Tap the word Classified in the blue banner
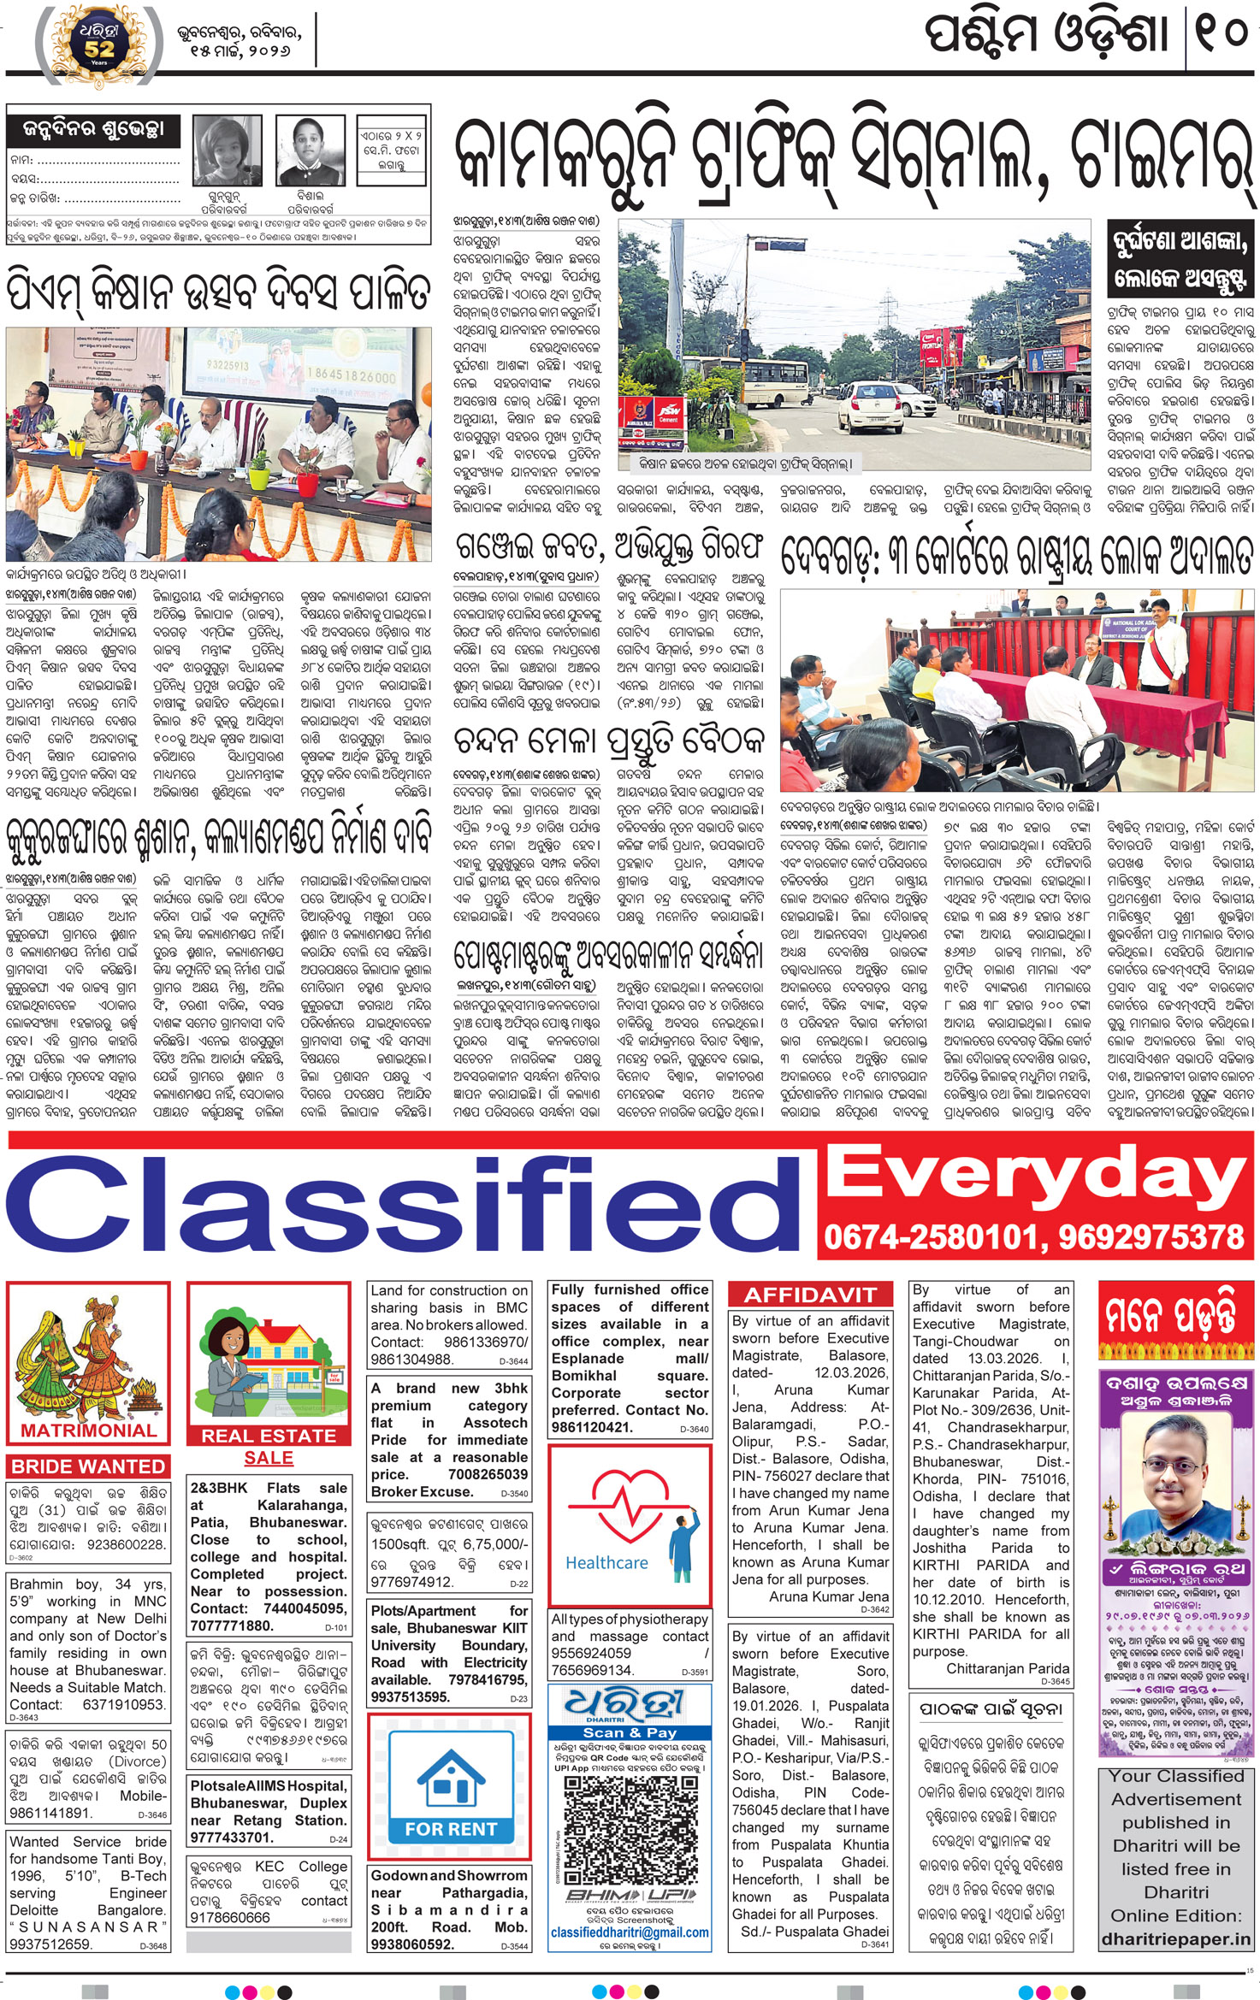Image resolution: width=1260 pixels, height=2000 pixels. click(402, 1203)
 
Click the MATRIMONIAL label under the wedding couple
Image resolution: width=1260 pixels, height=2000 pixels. click(89, 1431)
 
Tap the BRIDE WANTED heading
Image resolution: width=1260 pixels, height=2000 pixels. click(88, 1466)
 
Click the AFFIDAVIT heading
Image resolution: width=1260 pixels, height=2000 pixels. click(810, 1295)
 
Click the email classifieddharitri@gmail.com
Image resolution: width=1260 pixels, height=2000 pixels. click(630, 1932)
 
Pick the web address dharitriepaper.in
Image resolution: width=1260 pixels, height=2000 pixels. click(1175, 1939)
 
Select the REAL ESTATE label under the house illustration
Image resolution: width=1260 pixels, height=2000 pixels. click(269, 1436)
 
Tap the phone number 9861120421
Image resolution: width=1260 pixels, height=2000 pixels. click(592, 1427)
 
